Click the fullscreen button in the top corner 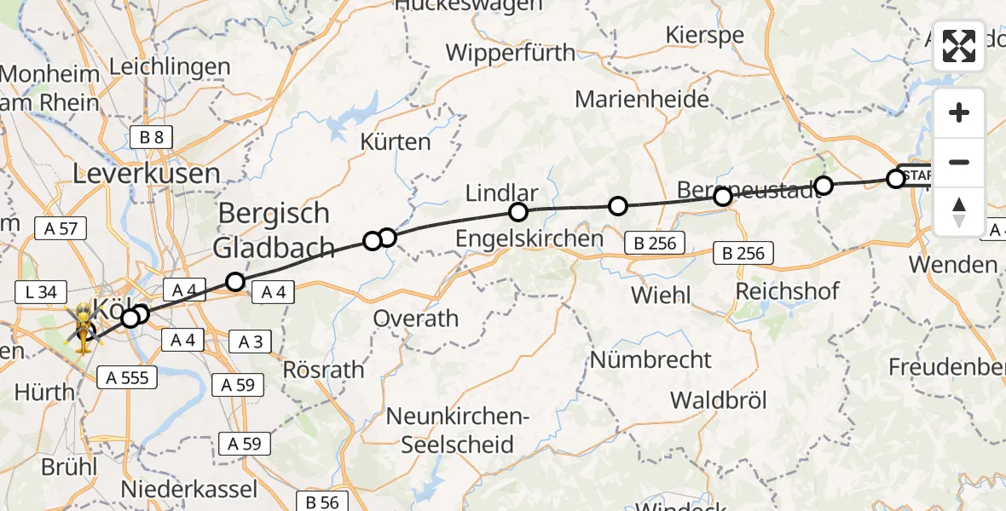[x=959, y=46]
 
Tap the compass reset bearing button [x=959, y=212]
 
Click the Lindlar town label [x=502, y=192]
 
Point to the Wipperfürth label [x=511, y=53]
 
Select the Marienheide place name [x=642, y=99]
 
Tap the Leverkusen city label [x=147, y=174]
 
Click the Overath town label [x=416, y=319]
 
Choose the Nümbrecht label [x=650, y=359]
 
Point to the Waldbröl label [x=719, y=399]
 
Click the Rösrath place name [x=322, y=370]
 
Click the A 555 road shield [x=124, y=376]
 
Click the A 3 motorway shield [x=250, y=342]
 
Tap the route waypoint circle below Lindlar [x=517, y=212]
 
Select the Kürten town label [x=396, y=141]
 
